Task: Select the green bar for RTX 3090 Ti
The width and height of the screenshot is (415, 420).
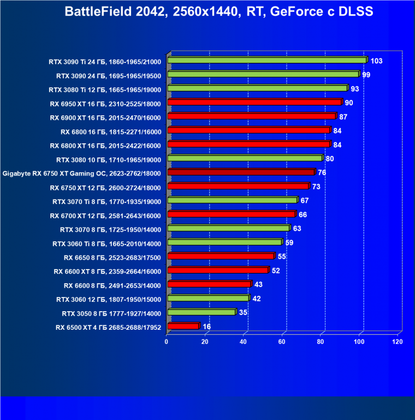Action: coord(267,61)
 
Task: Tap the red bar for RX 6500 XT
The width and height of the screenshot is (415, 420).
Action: coord(183,326)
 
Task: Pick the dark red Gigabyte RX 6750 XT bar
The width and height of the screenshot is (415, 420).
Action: coord(241,172)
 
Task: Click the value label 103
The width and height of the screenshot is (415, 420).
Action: coord(376,61)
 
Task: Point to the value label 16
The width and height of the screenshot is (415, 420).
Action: coord(206,326)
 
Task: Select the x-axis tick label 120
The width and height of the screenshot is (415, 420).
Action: coord(397,342)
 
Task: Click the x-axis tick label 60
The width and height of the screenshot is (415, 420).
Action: coord(282,342)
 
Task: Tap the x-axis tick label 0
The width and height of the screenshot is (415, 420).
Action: coord(167,342)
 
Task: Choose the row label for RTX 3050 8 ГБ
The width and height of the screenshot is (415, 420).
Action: coord(111,313)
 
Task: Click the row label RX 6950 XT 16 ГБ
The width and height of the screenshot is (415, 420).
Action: coord(105,103)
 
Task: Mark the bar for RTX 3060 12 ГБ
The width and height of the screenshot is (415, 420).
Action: coord(208,299)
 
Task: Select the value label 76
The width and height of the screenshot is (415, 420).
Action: coord(322,173)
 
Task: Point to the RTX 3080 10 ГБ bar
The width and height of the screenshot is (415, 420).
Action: coord(245,159)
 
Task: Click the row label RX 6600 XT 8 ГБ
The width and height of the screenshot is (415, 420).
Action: coord(108,271)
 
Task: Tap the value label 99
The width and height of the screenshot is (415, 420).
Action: coord(366,74)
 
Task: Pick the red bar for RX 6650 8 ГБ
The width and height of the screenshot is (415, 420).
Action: coord(221,256)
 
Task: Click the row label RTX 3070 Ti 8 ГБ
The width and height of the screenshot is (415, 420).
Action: coord(109,201)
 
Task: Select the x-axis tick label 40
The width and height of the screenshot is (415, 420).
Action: coord(244,342)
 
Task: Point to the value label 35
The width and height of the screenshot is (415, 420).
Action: coord(244,313)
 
